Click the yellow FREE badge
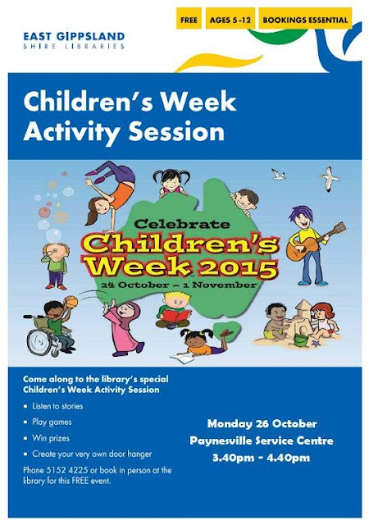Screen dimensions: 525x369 point(188,18)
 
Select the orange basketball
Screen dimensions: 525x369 point(71,303)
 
